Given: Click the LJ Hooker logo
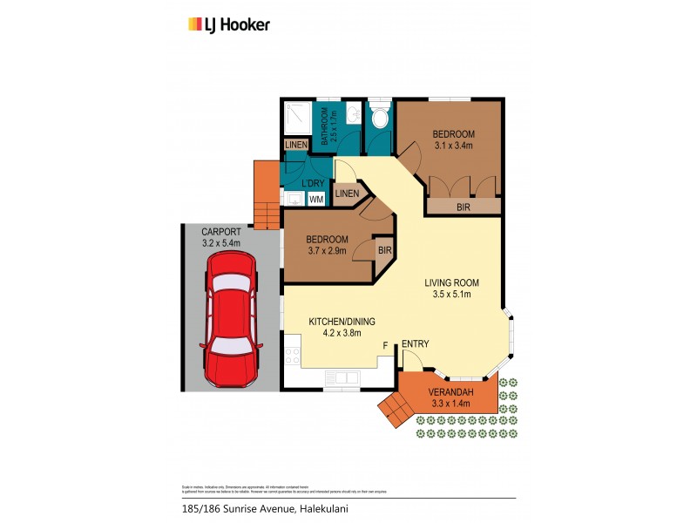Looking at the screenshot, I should [229, 24].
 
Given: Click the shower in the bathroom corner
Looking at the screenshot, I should [298, 116].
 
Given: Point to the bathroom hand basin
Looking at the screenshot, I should [352, 116].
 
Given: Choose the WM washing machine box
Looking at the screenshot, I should [315, 199].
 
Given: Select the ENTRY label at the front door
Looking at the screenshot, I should [416, 344].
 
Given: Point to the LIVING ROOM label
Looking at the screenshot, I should [451, 282].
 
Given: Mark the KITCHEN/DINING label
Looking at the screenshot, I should [335, 321].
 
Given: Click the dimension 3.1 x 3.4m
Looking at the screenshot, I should [452, 146].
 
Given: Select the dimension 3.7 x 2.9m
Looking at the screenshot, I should [327, 251].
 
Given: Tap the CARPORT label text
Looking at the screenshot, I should [220, 231].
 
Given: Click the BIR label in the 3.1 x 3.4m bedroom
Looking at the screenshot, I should [463, 207].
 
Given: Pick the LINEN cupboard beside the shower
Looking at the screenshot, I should [294, 145].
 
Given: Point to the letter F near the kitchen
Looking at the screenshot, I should [385, 346].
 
